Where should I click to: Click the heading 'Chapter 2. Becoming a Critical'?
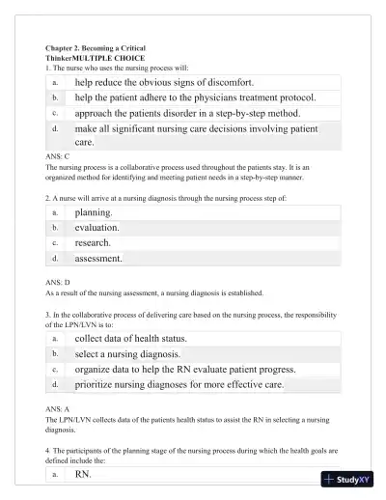point(96,48)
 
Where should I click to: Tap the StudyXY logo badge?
point(352,480)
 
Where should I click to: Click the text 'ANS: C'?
point(57,156)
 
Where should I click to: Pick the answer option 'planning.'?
point(94,212)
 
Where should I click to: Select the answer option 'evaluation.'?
point(96,228)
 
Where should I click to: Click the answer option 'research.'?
point(93,243)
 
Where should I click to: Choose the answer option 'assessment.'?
point(98,259)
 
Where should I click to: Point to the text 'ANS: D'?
point(57,283)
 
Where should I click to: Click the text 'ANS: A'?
point(57,410)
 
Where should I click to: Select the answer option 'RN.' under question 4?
point(83,474)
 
